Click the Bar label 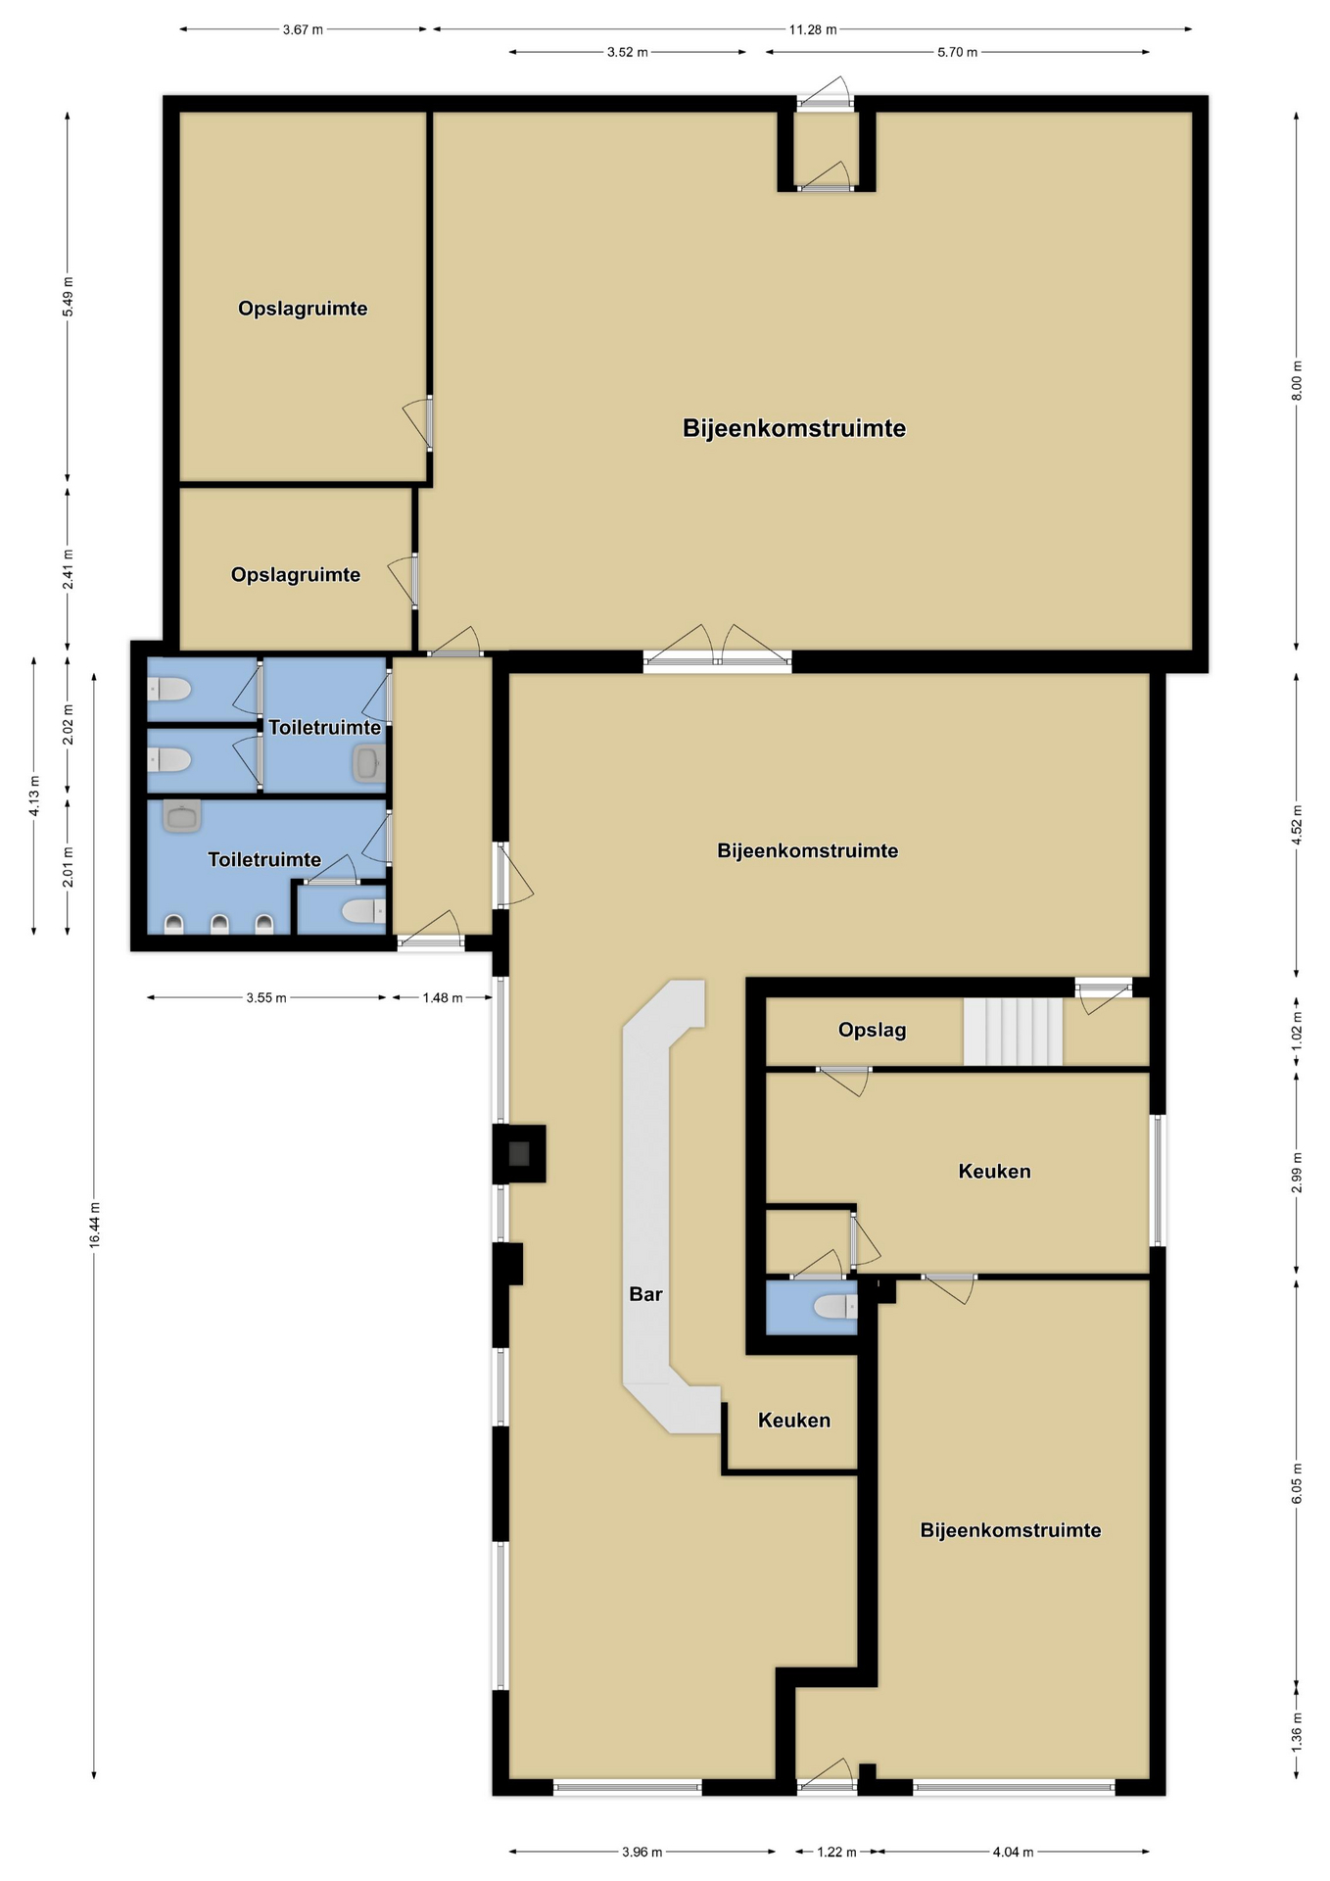[645, 1294]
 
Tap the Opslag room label [872, 1030]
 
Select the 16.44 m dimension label [94, 1224]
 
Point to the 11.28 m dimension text [813, 29]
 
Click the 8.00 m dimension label [1297, 380]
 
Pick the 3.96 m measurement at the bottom [641, 1852]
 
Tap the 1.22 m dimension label [836, 1852]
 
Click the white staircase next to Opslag [1013, 1032]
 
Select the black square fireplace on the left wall [519, 1153]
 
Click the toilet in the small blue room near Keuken [835, 1307]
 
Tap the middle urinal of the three [219, 923]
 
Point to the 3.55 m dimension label [266, 997]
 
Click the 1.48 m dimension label [443, 997]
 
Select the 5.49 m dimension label [68, 297]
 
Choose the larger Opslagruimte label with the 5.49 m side [303, 309]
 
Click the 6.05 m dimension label [1297, 1483]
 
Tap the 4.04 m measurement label [1013, 1852]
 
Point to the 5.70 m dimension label [957, 52]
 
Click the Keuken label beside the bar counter [794, 1421]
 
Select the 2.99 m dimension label [1297, 1173]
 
